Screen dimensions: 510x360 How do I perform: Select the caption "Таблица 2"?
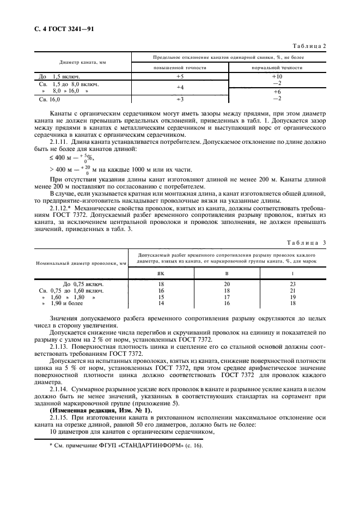click(309, 46)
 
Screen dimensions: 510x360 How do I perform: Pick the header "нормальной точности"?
click(277, 68)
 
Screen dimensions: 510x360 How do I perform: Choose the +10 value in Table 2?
click(277, 77)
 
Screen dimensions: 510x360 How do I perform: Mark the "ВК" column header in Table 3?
click(161, 274)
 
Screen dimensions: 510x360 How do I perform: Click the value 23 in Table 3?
click(292, 284)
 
